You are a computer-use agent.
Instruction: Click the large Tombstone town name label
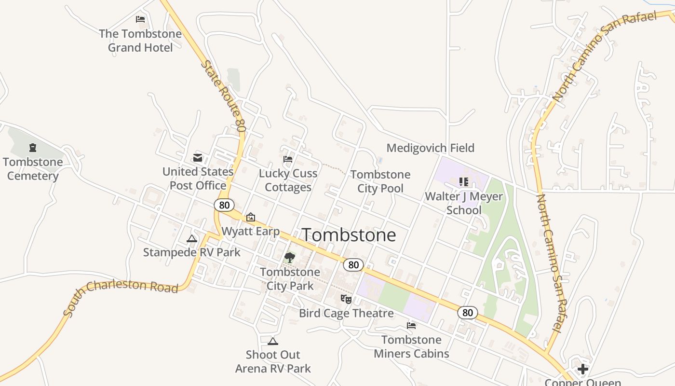pyautogui.click(x=349, y=235)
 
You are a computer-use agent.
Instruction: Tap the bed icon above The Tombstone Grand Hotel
pyautogui.click(x=140, y=19)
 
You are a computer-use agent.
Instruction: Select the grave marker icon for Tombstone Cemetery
pyautogui.click(x=33, y=147)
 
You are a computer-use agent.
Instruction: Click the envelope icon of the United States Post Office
pyautogui.click(x=198, y=157)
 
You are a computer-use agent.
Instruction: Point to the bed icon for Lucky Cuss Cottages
pyautogui.click(x=288, y=159)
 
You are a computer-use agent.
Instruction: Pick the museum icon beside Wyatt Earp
pyautogui.click(x=250, y=218)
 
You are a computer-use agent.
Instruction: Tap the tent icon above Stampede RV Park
pyautogui.click(x=192, y=238)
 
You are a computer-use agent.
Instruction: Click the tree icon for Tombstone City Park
pyautogui.click(x=289, y=258)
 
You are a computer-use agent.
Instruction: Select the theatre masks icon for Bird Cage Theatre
pyautogui.click(x=346, y=299)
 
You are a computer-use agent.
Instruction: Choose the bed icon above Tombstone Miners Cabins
pyautogui.click(x=411, y=326)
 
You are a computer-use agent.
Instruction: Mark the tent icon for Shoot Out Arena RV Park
pyautogui.click(x=272, y=341)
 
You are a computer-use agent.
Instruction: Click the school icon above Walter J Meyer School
pyautogui.click(x=463, y=182)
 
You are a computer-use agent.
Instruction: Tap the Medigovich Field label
pyautogui.click(x=430, y=148)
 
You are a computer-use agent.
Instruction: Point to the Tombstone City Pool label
pyautogui.click(x=380, y=181)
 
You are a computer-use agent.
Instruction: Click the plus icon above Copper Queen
pyautogui.click(x=582, y=369)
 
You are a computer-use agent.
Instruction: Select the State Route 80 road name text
pyautogui.click(x=224, y=96)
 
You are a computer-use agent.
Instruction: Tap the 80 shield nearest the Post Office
pyautogui.click(x=224, y=205)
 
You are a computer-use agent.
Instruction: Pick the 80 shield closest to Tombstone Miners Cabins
pyautogui.click(x=467, y=312)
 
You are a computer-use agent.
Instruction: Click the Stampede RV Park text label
pyautogui.click(x=191, y=252)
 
